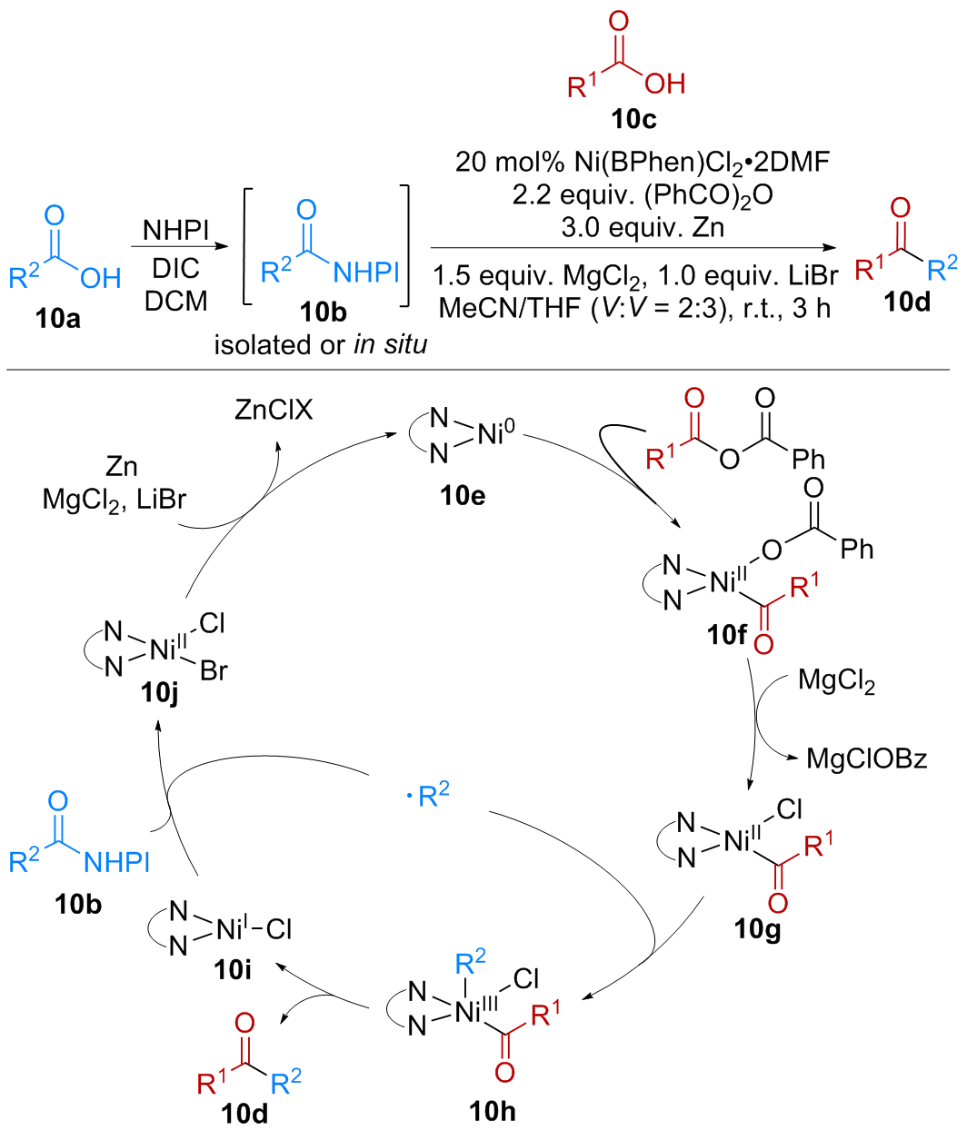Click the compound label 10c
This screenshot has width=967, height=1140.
633,119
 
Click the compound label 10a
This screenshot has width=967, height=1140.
57,318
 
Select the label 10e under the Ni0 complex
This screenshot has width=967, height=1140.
463,495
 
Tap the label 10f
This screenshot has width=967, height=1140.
727,635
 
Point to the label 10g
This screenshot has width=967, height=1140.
757,930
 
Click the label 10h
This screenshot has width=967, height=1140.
493,1110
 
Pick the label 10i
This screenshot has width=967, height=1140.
232,969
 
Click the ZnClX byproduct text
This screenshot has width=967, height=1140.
273,411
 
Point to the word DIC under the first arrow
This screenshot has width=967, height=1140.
175,269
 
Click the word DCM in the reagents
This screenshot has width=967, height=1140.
175,301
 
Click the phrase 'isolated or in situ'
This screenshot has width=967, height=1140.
320,345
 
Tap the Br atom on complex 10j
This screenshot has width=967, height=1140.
214,671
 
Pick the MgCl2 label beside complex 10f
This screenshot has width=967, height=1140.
836,680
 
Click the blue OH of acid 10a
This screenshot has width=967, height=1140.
100,278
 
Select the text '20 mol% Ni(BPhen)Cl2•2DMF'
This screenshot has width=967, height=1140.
643,162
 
